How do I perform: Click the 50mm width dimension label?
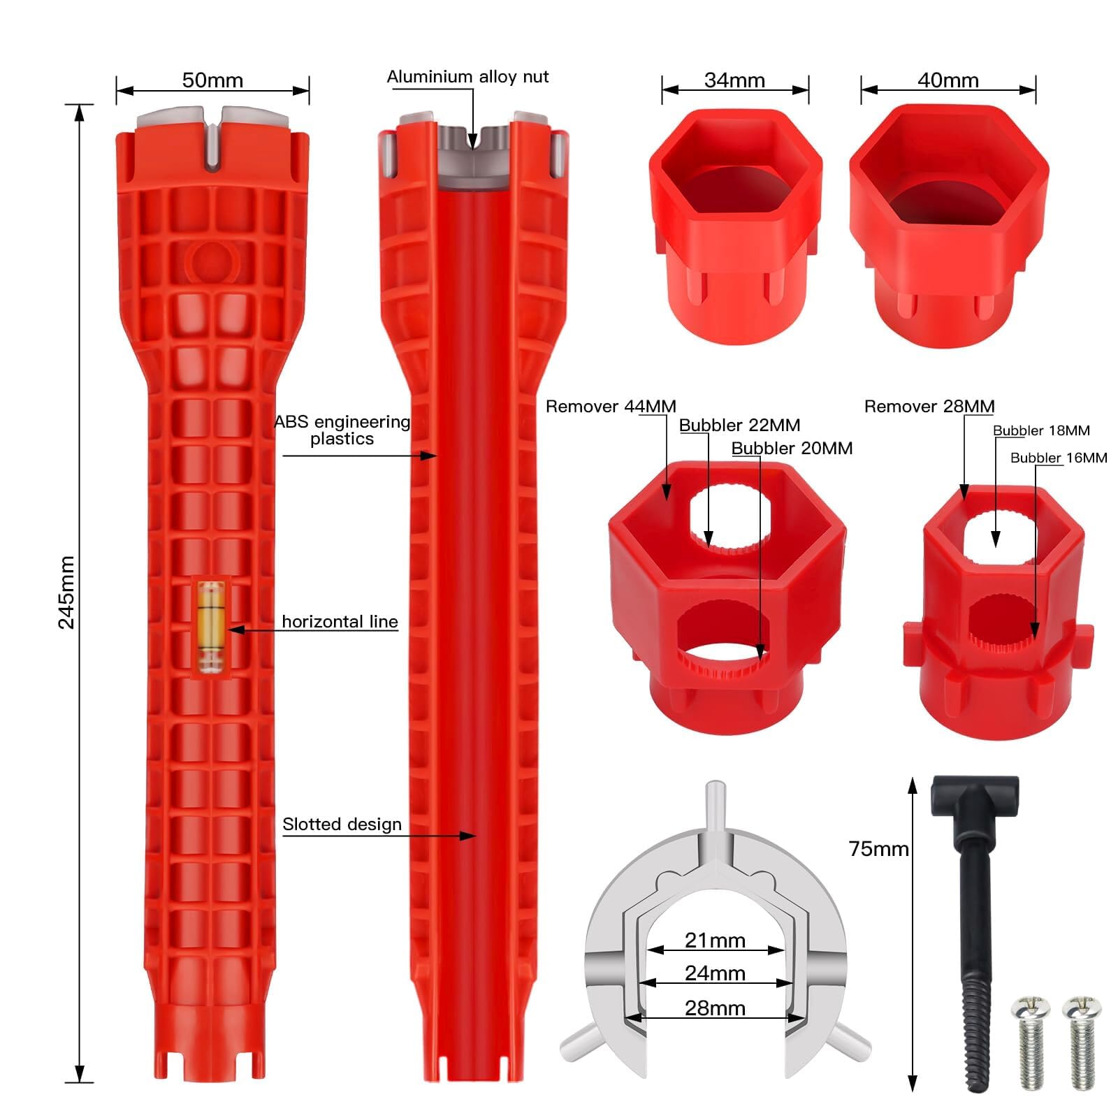[212, 80]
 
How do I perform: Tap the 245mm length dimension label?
[66, 593]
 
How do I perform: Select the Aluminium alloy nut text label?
[467, 77]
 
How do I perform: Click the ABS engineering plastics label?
[342, 430]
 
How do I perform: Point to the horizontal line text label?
[340, 622]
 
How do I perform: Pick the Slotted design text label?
[342, 825]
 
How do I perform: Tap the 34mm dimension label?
[734, 80]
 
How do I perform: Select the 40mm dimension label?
[948, 80]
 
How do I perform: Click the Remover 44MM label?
[611, 407]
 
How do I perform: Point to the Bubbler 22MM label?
[739, 426]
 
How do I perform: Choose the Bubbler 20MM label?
[792, 449]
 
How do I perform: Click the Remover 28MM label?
[929, 407]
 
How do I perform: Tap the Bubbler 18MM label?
[1041, 431]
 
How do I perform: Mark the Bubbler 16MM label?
[1059, 458]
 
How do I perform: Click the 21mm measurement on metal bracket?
[715, 941]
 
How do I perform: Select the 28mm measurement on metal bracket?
[715, 1008]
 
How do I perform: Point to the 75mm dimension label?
[878, 849]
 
